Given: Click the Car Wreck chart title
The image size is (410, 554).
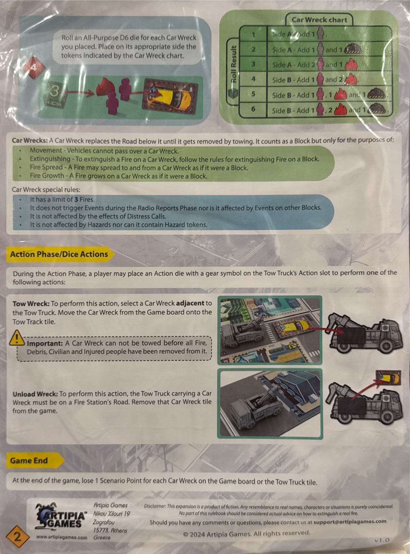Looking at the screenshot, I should click(x=319, y=20).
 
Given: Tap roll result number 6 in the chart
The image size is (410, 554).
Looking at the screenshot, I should click(x=253, y=109).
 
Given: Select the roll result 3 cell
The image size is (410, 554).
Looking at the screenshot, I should click(x=253, y=64).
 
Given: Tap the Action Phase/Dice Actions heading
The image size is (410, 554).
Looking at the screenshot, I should click(x=59, y=254).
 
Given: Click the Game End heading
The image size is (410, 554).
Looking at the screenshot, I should click(x=29, y=461).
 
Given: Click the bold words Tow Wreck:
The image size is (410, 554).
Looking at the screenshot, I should click(x=31, y=304).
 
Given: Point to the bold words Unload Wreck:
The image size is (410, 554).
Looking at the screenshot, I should click(x=35, y=394).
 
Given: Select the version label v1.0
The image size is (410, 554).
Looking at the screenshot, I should click(x=381, y=540).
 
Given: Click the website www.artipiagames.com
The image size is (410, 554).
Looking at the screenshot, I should click(x=61, y=537).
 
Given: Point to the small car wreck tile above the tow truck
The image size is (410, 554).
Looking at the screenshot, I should click(x=387, y=377).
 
